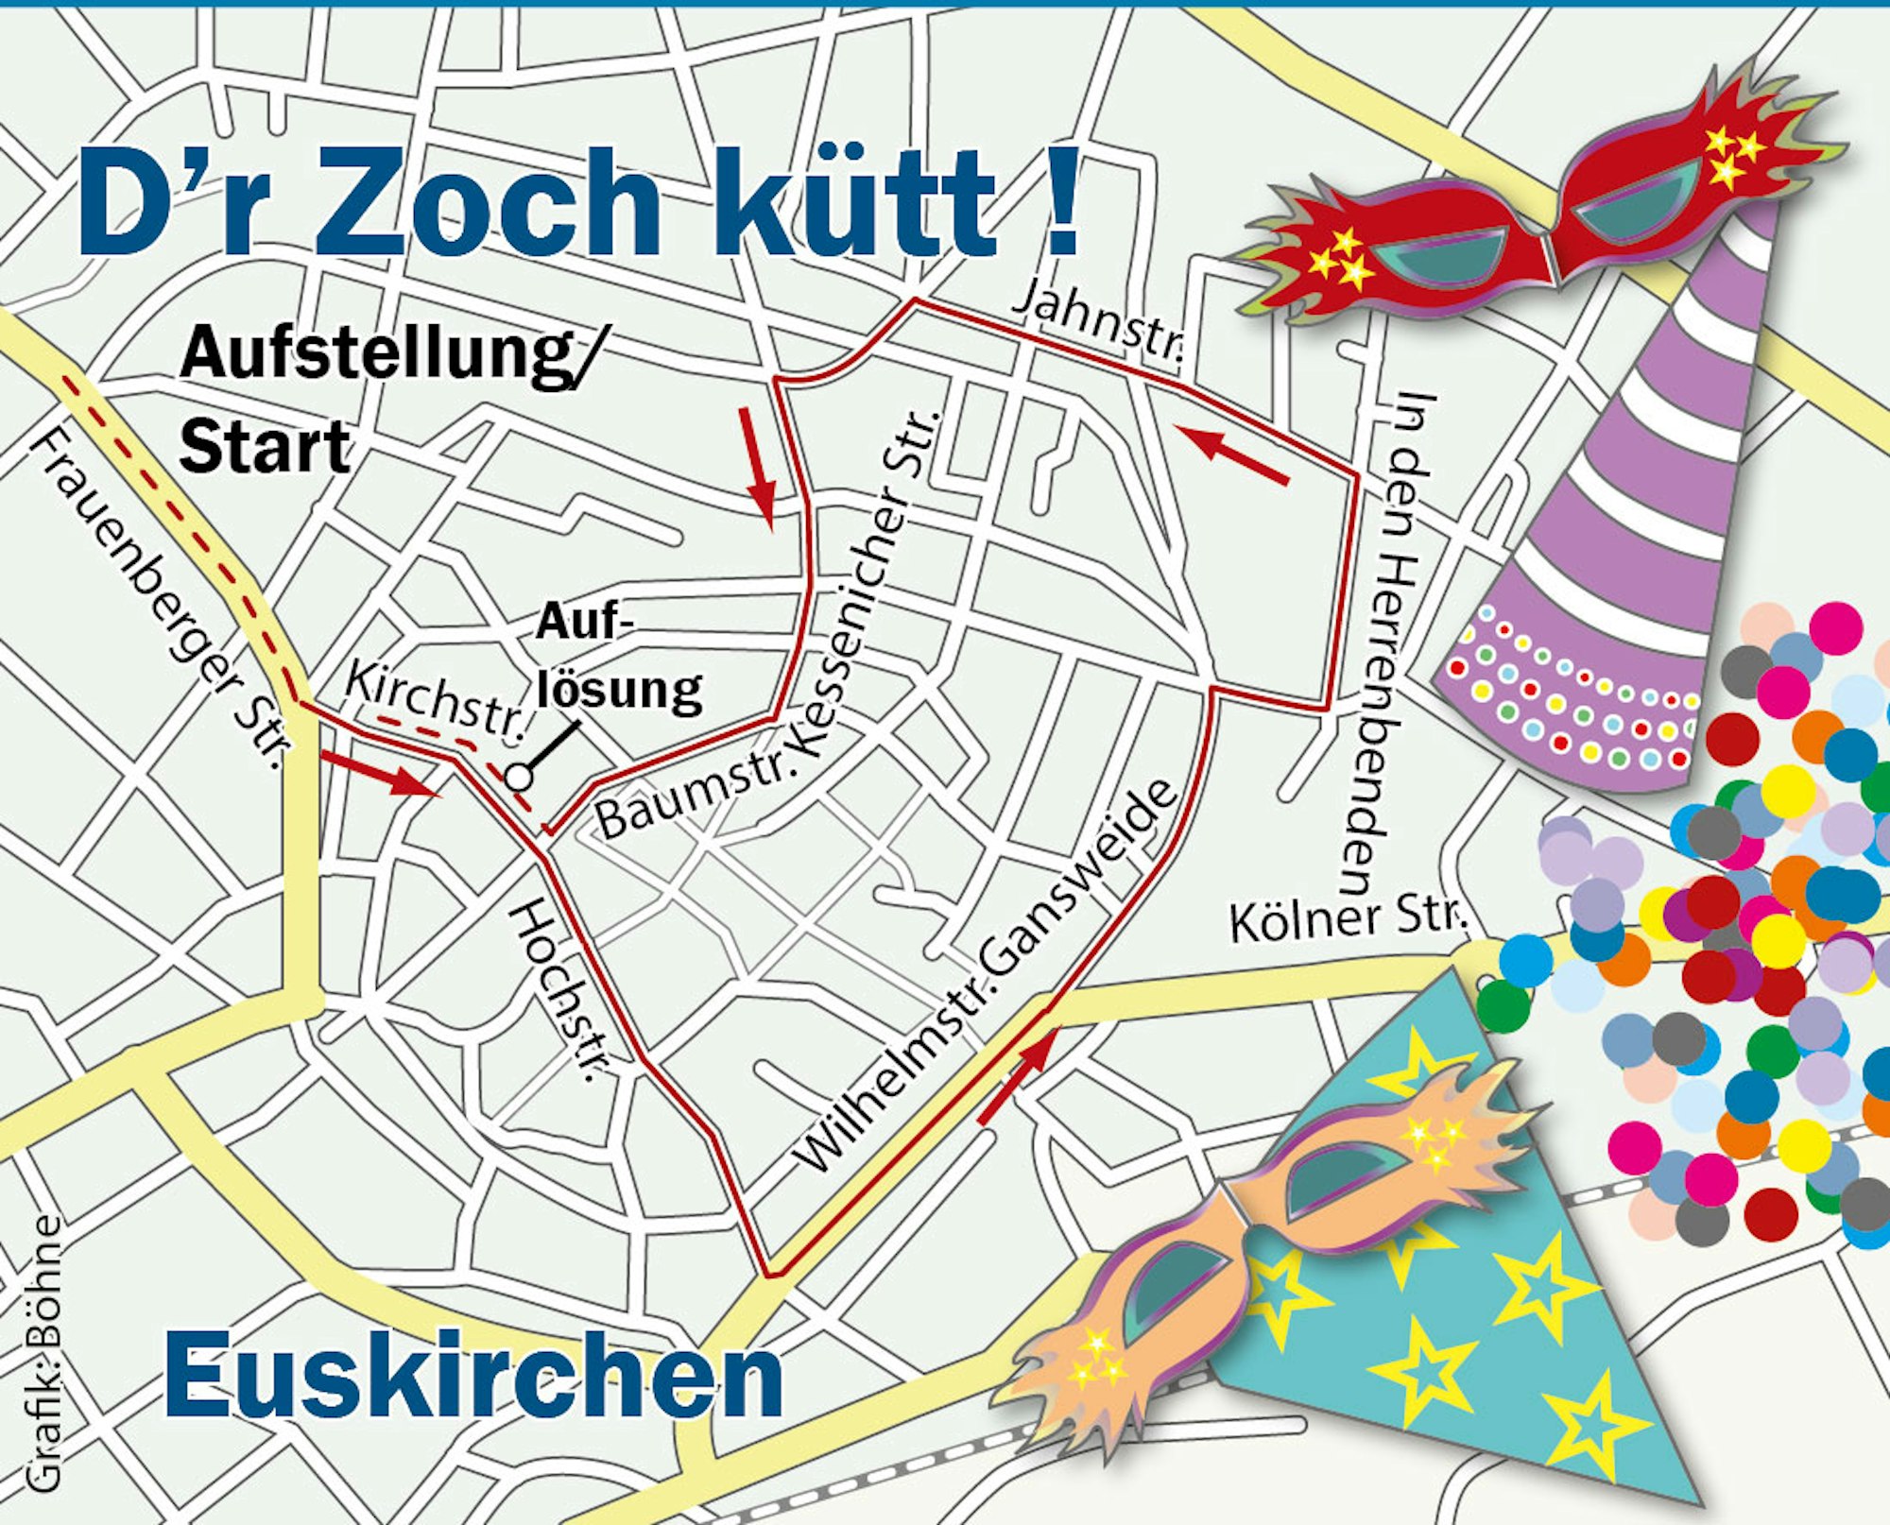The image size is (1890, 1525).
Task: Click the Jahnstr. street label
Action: (x=1099, y=324)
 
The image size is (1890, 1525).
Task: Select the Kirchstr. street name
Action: (x=434, y=701)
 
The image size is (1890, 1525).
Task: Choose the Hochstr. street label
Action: (x=558, y=988)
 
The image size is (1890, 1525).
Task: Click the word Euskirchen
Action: (x=473, y=1376)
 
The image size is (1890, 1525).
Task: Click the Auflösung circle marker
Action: (x=519, y=777)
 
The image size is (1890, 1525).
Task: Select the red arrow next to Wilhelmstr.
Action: (x=1017, y=1078)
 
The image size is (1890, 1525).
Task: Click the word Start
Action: (x=265, y=447)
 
